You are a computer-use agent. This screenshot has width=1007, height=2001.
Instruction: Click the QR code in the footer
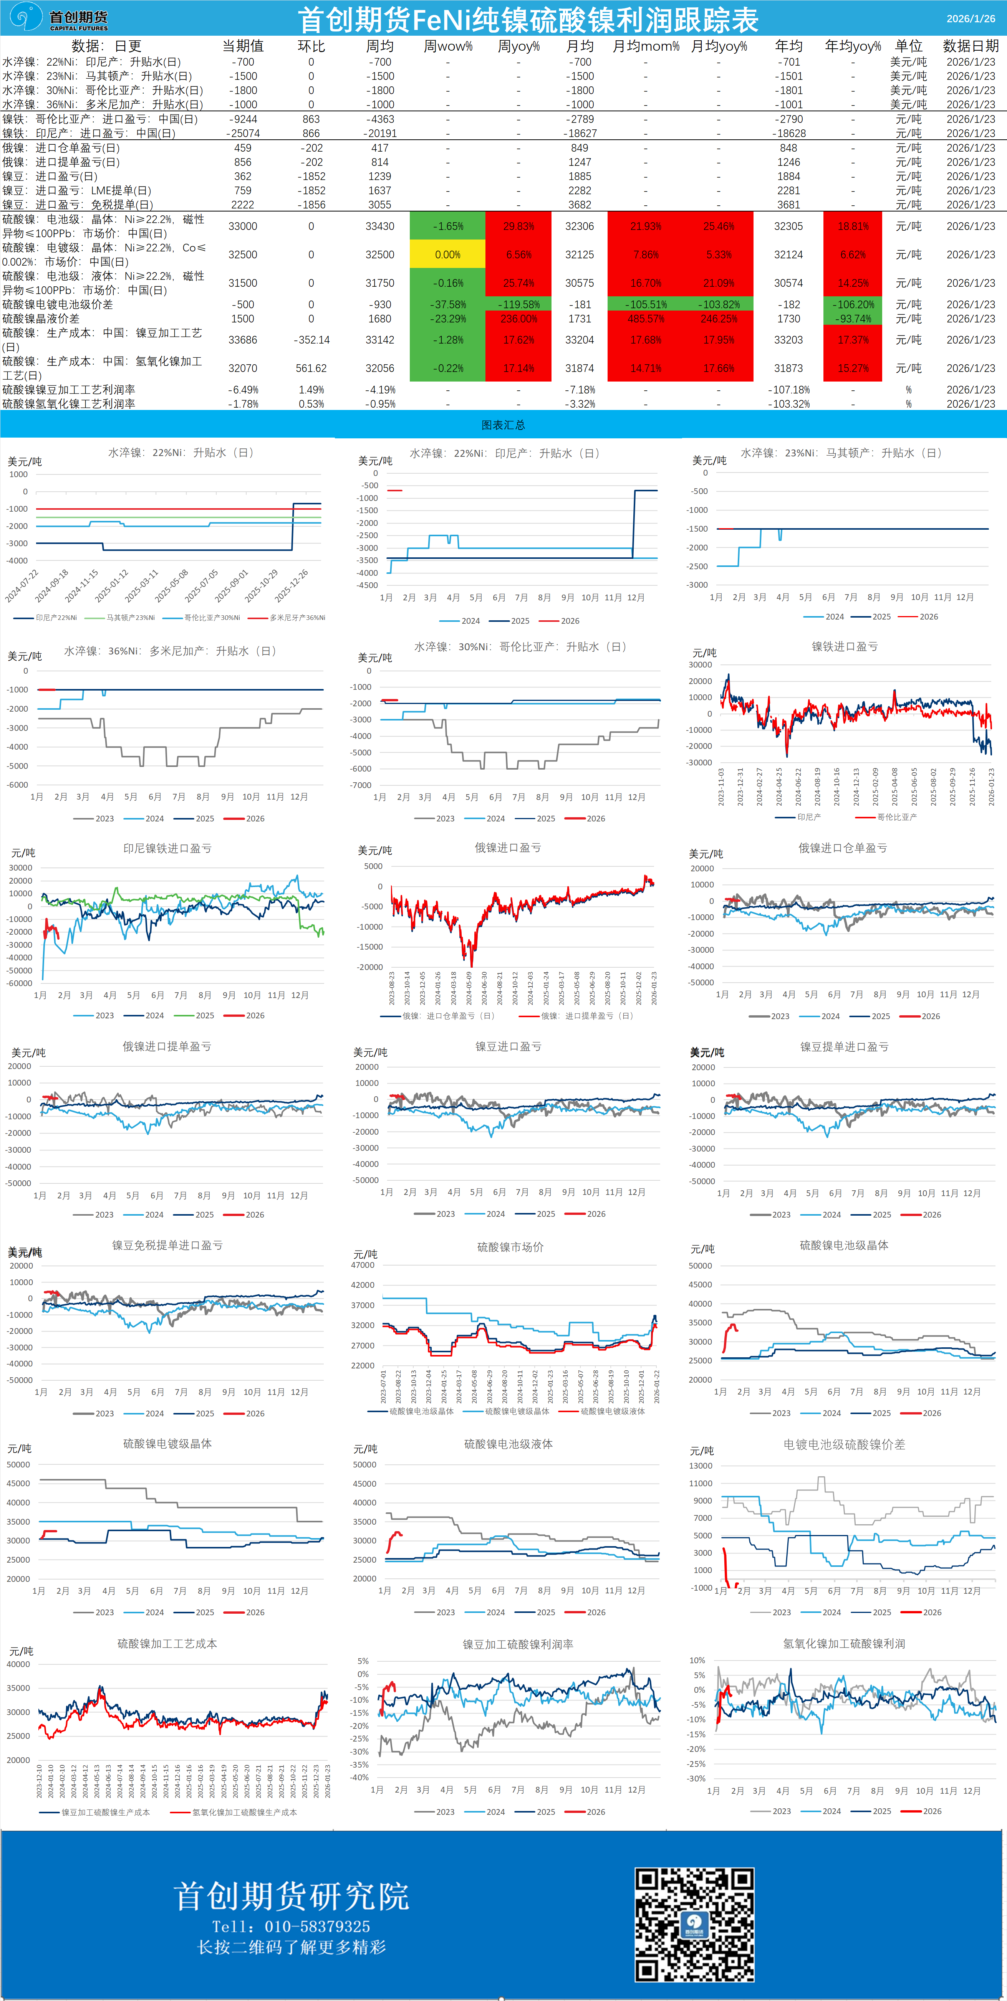[694, 1923]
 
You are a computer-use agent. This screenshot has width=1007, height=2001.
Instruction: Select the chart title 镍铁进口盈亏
[845, 646]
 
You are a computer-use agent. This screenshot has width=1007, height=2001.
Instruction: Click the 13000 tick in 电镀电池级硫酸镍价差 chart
[701, 1466]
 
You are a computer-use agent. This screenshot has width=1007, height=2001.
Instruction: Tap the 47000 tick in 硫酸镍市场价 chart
[363, 1266]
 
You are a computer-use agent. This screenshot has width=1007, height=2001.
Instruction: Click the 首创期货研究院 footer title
[291, 1896]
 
